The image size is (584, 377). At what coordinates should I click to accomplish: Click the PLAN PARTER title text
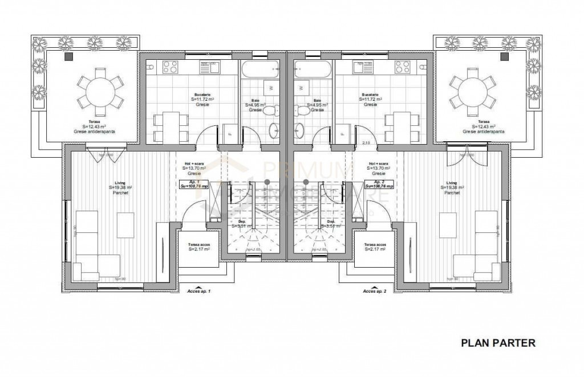click(497, 343)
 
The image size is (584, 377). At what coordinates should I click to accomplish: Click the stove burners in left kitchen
click(171, 67)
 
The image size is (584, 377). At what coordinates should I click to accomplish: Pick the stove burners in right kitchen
click(402, 67)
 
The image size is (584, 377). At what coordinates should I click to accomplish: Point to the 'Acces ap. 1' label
click(199, 291)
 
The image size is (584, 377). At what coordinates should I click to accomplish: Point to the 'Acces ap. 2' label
click(375, 291)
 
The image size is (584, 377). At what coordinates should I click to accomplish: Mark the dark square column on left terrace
click(69, 56)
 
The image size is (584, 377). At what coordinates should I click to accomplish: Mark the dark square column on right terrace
click(504, 56)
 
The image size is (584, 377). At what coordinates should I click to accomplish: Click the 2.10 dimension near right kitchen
click(367, 143)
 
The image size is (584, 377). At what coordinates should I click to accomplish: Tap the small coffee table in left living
click(125, 225)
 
